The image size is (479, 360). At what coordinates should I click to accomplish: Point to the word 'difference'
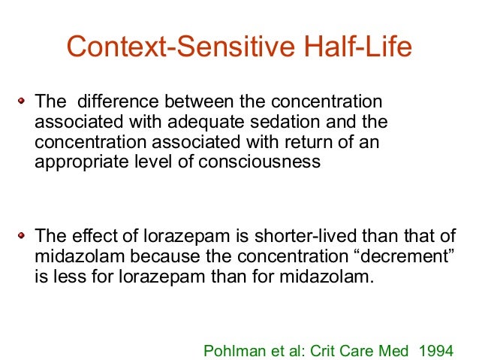tap(113, 101)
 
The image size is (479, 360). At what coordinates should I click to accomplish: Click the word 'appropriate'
tap(79, 162)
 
